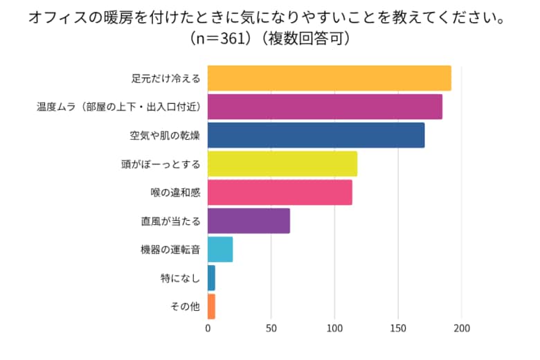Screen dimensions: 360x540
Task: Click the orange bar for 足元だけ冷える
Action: pos(329,78)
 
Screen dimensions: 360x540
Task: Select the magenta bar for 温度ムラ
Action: pos(325,107)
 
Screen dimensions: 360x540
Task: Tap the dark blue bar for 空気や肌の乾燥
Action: pos(316,135)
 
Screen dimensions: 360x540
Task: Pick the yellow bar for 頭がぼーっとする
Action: pos(282,164)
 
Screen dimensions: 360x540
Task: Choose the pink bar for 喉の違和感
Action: pos(280,192)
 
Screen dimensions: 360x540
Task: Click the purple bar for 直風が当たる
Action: pos(249,221)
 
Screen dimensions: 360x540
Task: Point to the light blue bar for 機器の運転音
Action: pos(220,249)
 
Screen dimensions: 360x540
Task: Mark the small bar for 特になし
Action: pos(211,278)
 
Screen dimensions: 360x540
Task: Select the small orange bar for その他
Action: pos(211,307)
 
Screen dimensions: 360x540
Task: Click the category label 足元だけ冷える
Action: pos(165,78)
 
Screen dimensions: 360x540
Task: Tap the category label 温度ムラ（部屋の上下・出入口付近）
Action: pos(118,107)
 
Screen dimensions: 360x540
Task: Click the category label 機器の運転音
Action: pos(170,250)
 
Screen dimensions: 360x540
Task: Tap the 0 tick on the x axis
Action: pos(208,329)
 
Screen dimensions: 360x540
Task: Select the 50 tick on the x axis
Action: pos(271,329)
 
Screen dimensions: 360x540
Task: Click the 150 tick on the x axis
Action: pos(398,329)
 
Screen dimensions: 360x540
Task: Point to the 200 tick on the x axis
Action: pos(462,329)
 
